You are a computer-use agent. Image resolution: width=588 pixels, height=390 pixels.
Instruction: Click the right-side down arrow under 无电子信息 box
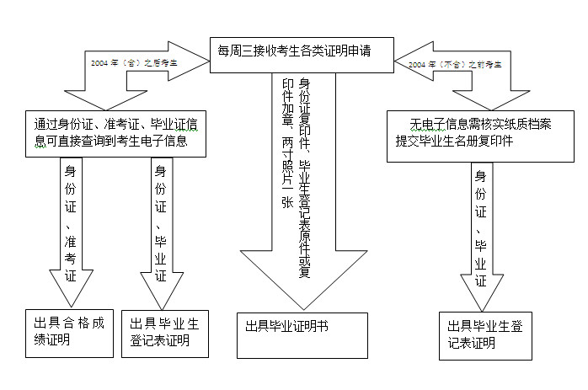point(481,236)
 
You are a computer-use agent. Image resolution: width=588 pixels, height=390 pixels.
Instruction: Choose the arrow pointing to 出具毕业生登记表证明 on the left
point(160,227)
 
